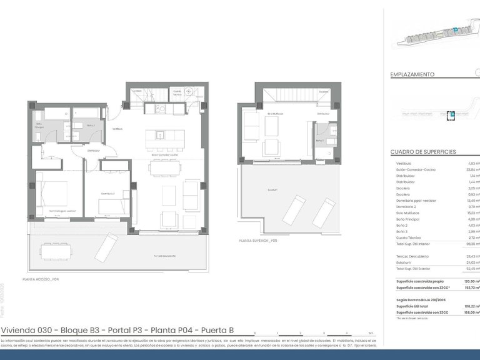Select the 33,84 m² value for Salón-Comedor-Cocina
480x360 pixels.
click(471, 169)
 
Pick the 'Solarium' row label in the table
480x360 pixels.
click(404, 262)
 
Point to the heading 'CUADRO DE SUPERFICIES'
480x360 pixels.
click(423, 152)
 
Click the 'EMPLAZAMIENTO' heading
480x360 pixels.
click(412, 74)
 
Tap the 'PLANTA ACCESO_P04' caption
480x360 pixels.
click(41, 279)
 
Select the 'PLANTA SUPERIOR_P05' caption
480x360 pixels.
click(257, 240)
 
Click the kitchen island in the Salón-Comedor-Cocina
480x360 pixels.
click(160, 134)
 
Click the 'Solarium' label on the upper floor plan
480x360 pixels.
click(272, 189)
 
